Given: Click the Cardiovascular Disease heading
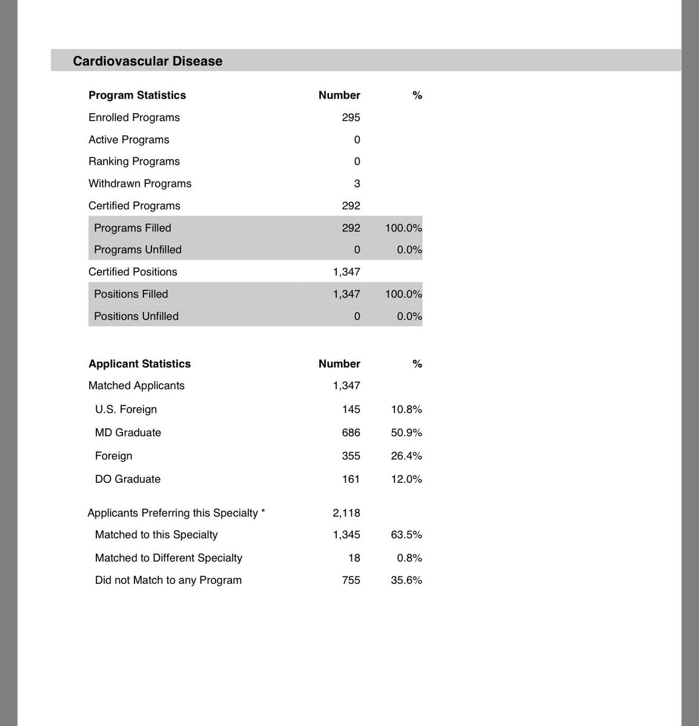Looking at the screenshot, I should pos(147,61).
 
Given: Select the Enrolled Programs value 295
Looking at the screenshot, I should pos(351,117).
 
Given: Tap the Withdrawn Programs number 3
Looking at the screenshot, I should pos(357,183).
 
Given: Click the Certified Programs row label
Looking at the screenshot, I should pos(134,206).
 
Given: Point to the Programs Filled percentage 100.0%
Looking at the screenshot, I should pos(403,228).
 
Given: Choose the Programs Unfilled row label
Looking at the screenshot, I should pos(137,250).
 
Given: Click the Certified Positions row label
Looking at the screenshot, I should pos(133,272).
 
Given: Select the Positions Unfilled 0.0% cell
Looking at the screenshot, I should pos(409,316).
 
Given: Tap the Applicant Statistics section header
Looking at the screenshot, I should pos(139,364).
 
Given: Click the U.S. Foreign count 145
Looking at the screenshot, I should pos(351,410).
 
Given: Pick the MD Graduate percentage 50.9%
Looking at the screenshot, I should pos(406,433).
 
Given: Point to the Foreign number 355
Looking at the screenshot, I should pos(351,456).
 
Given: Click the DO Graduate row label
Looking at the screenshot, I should pos(128,479).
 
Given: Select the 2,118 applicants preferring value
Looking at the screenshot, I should pos(346,513).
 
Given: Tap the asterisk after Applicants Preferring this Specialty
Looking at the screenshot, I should pos(263,512).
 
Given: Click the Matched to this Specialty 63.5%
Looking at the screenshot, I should pos(406,535).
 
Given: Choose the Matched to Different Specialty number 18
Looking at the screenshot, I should pos(354,558).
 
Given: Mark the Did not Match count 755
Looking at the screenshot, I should pos(351,580).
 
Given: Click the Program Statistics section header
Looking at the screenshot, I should pos(137,95).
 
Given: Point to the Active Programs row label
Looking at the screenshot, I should pos(129,140).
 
